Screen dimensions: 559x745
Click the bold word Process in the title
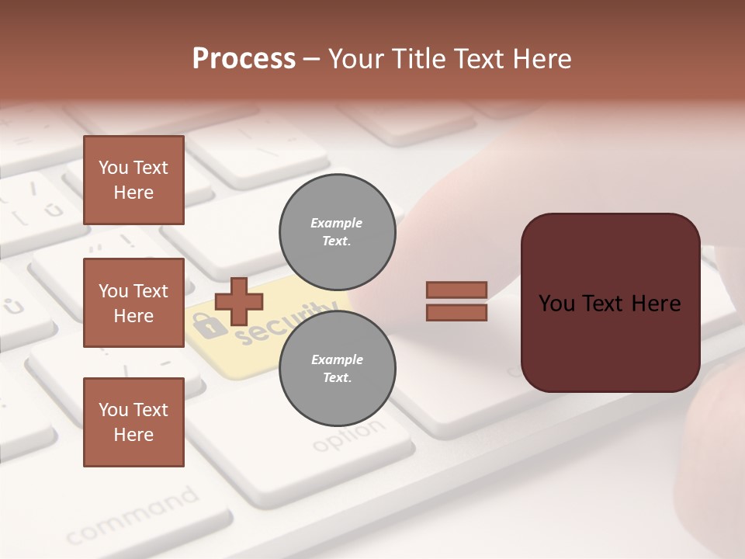(244, 59)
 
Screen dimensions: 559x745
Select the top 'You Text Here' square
(133, 180)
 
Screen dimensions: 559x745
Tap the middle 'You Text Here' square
(133, 303)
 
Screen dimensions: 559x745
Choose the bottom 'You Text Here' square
(133, 422)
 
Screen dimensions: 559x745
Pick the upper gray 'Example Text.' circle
(337, 231)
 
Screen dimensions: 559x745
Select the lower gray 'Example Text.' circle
(337, 368)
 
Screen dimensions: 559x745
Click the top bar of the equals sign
(456, 290)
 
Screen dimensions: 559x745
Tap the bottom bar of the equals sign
(456, 312)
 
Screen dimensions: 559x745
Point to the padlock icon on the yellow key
(204, 325)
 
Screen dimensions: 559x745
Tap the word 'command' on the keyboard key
(132, 516)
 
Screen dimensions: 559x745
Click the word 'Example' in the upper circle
(336, 223)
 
